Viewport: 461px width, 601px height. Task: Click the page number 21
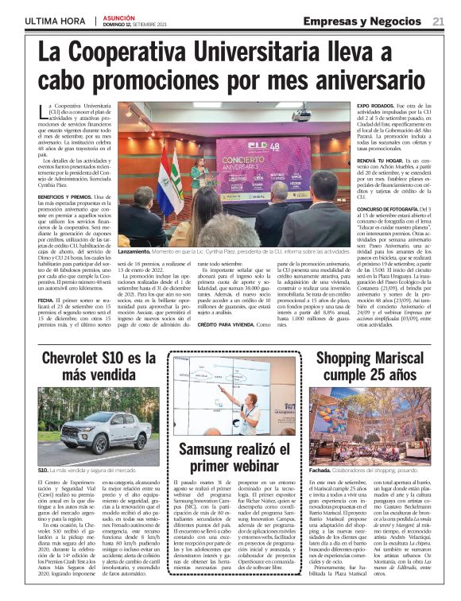click(x=438, y=21)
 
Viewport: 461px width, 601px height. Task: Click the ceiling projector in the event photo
click(x=300, y=114)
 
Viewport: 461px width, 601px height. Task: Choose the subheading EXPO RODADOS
click(x=374, y=106)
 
